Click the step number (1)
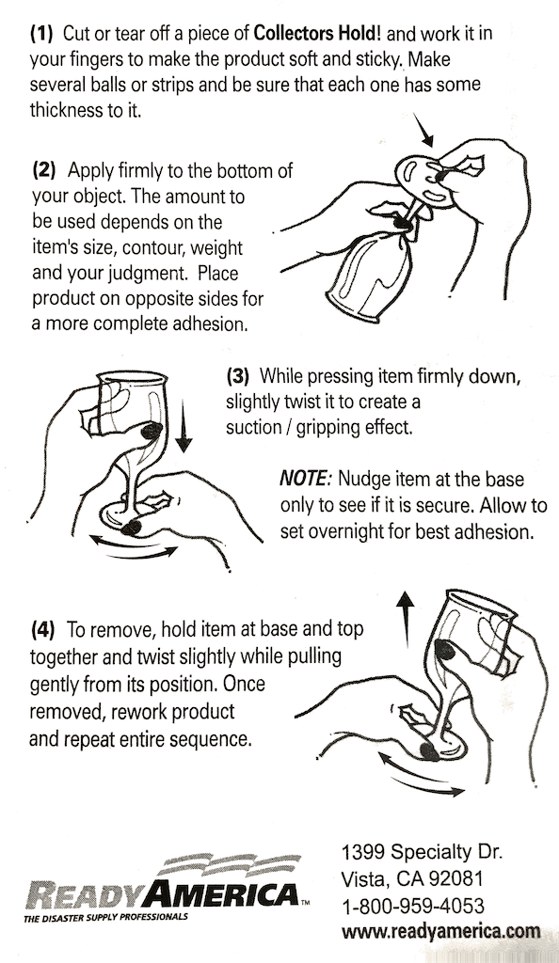click(x=42, y=33)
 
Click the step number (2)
click(x=43, y=170)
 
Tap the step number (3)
click(x=238, y=375)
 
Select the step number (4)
click(x=42, y=629)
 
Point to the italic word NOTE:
click(x=306, y=479)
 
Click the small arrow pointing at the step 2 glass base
click(x=423, y=130)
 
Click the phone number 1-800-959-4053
click(x=412, y=906)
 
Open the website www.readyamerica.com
click(x=441, y=932)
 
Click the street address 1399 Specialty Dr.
click(x=422, y=852)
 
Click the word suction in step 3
click(x=250, y=428)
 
